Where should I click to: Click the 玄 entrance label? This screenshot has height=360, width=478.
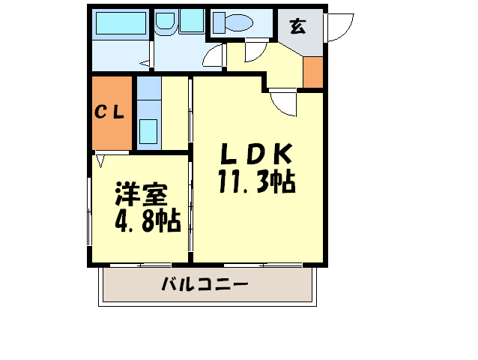[x=297, y=28]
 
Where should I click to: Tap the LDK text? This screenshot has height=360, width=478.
[x=255, y=154]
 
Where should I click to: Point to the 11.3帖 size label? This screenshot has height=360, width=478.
[x=255, y=181]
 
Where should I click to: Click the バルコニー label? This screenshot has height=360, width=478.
[x=204, y=285]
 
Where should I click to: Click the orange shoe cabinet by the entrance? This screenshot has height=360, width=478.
[x=313, y=71]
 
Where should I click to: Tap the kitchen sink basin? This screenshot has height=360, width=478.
[x=148, y=131]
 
